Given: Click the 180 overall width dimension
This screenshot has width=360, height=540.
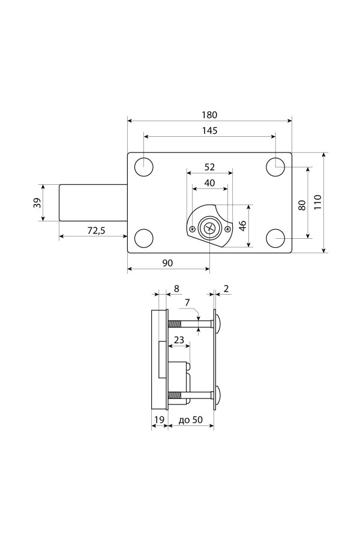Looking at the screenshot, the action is pos(209,115).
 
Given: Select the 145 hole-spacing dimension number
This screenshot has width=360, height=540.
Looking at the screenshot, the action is pos(210,131).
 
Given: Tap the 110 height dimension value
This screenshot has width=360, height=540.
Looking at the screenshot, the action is pos(317,202).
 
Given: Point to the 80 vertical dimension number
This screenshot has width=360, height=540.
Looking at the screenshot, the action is pos(302,205).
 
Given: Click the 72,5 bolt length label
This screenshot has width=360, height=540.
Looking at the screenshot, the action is pos(96,231).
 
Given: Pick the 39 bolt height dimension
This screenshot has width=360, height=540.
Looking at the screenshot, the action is pos(37,203).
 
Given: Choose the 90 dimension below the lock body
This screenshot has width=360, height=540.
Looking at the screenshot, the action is pos(167,263).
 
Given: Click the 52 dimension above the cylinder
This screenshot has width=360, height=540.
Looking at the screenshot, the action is pos(209,167).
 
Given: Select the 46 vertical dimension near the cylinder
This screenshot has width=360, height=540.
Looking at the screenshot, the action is pos(242,226).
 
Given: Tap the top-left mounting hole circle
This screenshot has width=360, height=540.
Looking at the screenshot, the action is pos(143,167).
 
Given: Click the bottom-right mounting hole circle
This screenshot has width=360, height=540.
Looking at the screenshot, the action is pos(275,238).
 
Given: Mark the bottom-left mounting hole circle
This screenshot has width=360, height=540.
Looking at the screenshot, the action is pos(143,238).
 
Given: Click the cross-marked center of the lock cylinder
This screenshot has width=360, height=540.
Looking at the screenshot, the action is pos(209,227).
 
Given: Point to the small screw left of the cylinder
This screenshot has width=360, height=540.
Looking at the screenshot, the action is pos(192,228).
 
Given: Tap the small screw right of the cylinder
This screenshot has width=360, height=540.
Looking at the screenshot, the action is pos(227,229).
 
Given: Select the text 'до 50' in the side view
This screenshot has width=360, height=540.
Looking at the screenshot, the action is pos(191,420).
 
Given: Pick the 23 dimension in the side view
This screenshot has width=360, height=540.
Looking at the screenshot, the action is pos(179,340).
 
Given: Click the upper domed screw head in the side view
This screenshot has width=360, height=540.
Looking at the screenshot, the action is pos(218,324).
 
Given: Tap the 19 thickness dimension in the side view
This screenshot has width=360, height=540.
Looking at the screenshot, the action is pos(159,420).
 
